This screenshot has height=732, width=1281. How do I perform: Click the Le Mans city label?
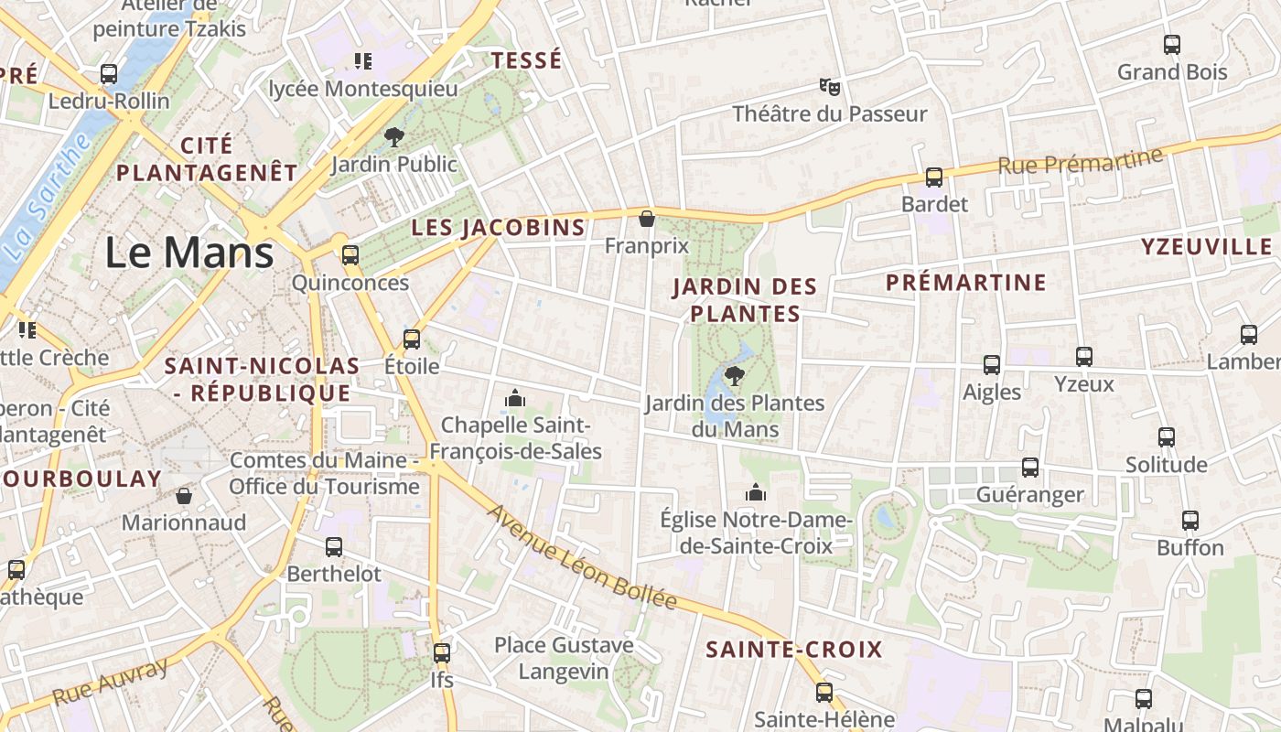(189, 253)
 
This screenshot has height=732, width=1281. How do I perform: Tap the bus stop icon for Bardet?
(933, 178)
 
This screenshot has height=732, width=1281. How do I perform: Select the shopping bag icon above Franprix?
(646, 219)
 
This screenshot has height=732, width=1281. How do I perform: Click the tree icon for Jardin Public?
(394, 137)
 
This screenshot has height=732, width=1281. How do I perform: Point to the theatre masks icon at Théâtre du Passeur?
(829, 87)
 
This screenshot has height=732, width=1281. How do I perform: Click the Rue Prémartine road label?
(1080, 160)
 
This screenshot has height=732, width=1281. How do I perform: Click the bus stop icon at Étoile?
(412, 339)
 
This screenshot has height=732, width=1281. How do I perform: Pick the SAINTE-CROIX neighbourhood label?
(793, 650)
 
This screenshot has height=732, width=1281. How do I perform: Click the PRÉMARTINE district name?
(965, 283)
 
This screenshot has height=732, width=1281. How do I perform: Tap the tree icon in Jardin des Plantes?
(734, 375)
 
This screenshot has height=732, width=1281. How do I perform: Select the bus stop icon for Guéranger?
(1030, 468)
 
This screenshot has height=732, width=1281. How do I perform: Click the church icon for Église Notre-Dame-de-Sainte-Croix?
(755, 493)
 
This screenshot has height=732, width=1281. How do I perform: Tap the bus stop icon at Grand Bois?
(1171, 44)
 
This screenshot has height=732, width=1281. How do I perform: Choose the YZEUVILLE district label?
(1206, 247)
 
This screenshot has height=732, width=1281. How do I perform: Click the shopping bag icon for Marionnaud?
(184, 496)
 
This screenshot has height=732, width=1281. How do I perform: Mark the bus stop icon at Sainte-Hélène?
(824, 692)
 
